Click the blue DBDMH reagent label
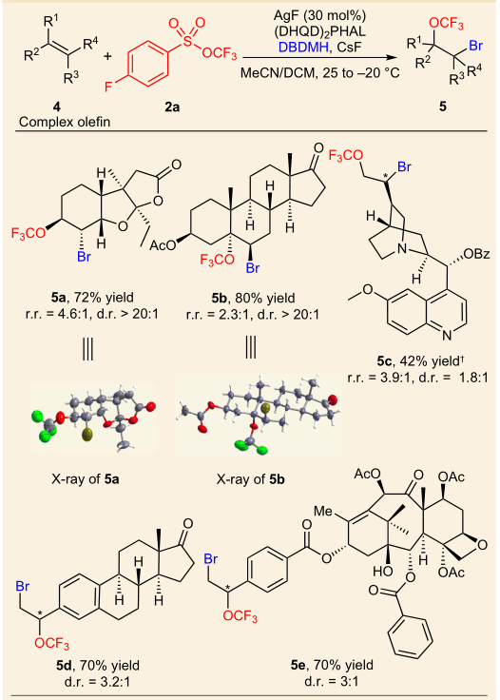coord(303,46)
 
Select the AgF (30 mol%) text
coord(319,16)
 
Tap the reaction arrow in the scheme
coord(319,58)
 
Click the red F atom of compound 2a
coord(108,86)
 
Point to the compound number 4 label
coord(57,107)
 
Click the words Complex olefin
coord(65,122)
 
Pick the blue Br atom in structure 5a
coord(84,257)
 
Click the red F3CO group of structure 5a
coord(29,233)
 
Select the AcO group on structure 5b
coord(162,245)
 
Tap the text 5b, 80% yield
coord(254,298)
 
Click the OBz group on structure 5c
coord(477,254)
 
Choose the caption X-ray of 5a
coord(86,479)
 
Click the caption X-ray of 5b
coord(251,479)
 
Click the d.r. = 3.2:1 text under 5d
coord(97,682)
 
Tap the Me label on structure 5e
coord(323,511)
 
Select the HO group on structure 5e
coord(383,572)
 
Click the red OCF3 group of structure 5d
coord(51,643)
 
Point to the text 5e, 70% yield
coord(333,665)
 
